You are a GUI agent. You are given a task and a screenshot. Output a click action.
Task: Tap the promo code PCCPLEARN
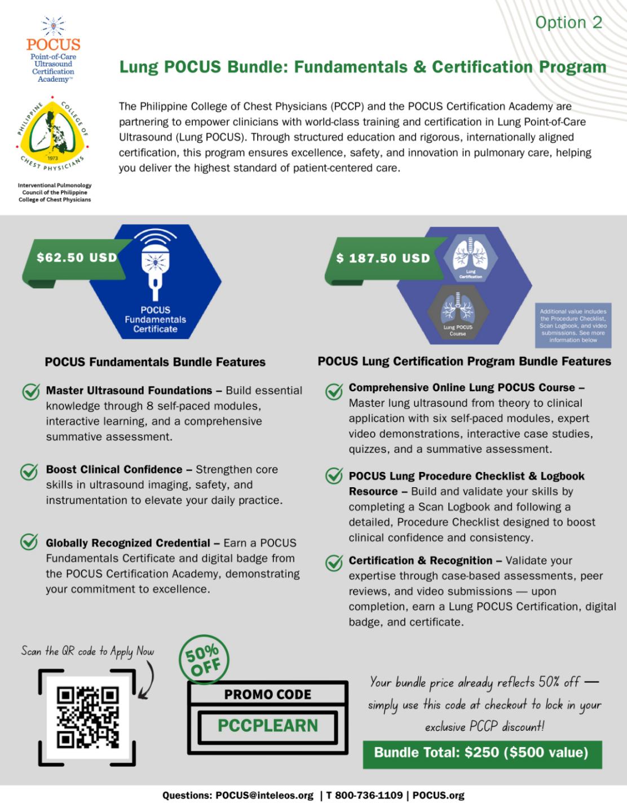click(x=268, y=725)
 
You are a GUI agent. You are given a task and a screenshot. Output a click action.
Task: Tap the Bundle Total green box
click(x=482, y=753)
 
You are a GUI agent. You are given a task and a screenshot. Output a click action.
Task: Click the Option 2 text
click(x=568, y=23)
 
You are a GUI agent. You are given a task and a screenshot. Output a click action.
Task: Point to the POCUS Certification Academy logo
click(x=54, y=51)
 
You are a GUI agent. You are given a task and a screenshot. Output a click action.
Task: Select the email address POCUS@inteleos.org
click(x=264, y=796)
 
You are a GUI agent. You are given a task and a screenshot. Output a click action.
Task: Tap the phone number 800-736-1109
click(x=370, y=796)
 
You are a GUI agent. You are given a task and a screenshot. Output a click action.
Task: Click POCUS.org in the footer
click(x=438, y=796)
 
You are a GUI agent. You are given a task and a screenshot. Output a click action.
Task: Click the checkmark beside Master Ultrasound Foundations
click(x=30, y=392)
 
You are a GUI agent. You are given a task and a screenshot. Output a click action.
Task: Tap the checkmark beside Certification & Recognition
click(x=334, y=562)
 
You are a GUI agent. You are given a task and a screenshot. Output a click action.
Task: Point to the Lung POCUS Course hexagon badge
click(x=457, y=314)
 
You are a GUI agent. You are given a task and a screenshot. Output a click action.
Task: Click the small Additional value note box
click(x=573, y=325)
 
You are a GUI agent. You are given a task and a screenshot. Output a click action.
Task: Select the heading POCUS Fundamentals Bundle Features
click(x=155, y=362)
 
